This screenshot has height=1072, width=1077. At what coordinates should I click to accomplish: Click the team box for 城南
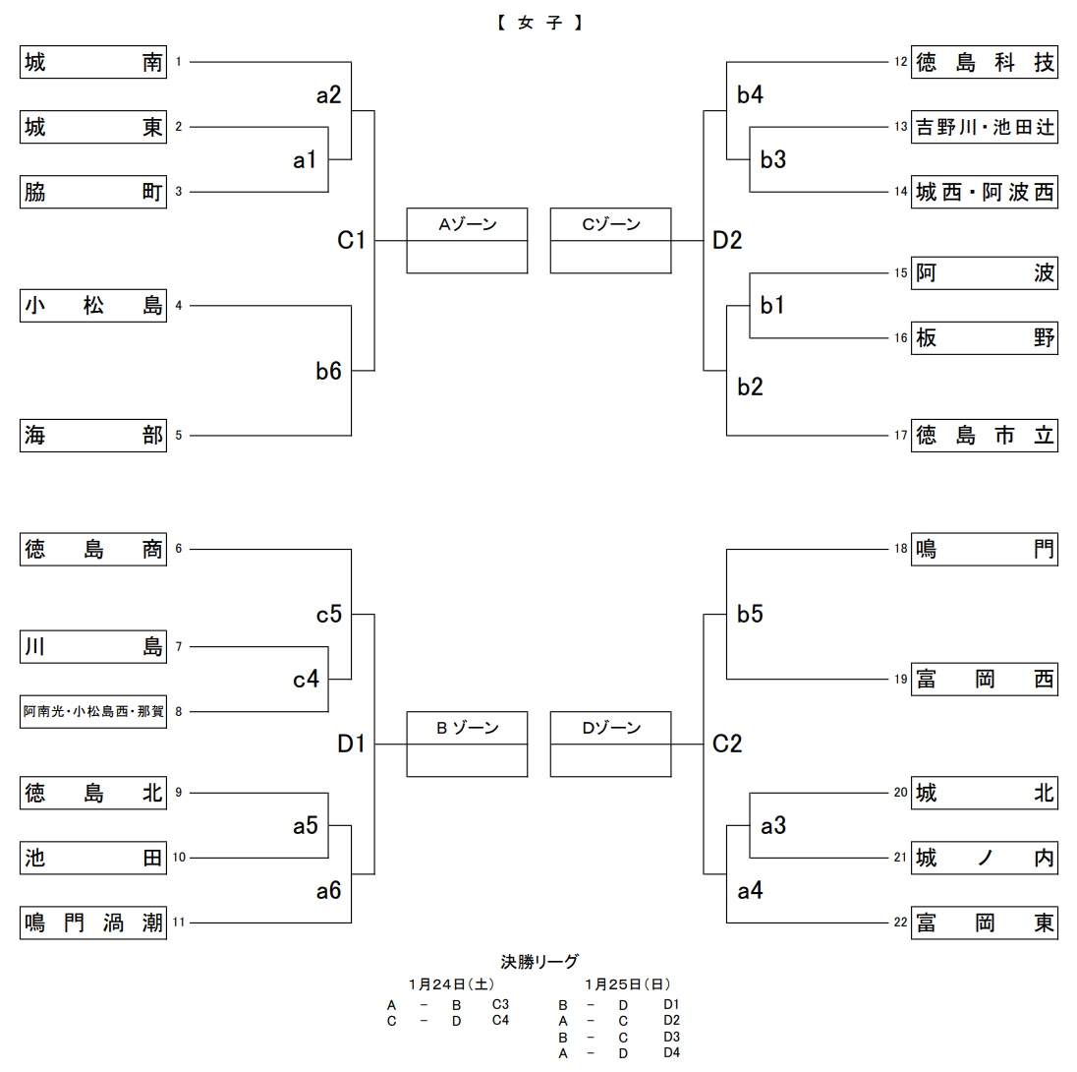(x=93, y=63)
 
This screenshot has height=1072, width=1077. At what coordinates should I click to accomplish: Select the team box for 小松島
(x=93, y=306)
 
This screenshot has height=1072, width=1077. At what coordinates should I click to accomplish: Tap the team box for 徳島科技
(x=985, y=63)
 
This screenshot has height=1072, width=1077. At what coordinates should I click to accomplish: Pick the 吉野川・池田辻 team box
(x=985, y=127)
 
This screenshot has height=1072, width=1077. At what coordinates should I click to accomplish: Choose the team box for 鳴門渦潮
(x=93, y=923)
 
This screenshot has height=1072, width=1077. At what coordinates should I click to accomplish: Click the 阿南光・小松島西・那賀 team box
(x=93, y=711)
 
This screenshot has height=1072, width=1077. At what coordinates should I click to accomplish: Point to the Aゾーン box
(x=467, y=240)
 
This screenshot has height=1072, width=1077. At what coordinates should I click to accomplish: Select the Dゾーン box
(x=610, y=744)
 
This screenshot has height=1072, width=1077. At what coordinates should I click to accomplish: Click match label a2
(x=328, y=95)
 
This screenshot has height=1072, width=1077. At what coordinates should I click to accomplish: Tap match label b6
(x=328, y=370)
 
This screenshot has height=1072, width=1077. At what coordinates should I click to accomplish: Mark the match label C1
(x=351, y=240)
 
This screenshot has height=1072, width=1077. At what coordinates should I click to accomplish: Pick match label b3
(x=773, y=159)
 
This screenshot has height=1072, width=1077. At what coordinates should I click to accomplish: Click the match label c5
(x=328, y=615)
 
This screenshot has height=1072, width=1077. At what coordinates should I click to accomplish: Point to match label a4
(x=751, y=891)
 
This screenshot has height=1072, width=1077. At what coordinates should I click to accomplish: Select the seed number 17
(x=900, y=435)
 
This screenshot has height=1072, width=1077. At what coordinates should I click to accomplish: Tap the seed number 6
(x=179, y=549)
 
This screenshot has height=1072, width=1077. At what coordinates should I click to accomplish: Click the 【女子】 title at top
(x=539, y=22)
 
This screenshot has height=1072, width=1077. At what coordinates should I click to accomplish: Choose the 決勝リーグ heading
(x=539, y=962)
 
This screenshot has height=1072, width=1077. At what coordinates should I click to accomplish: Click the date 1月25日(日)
(x=628, y=983)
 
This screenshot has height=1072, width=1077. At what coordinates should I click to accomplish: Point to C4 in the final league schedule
(x=501, y=1021)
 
